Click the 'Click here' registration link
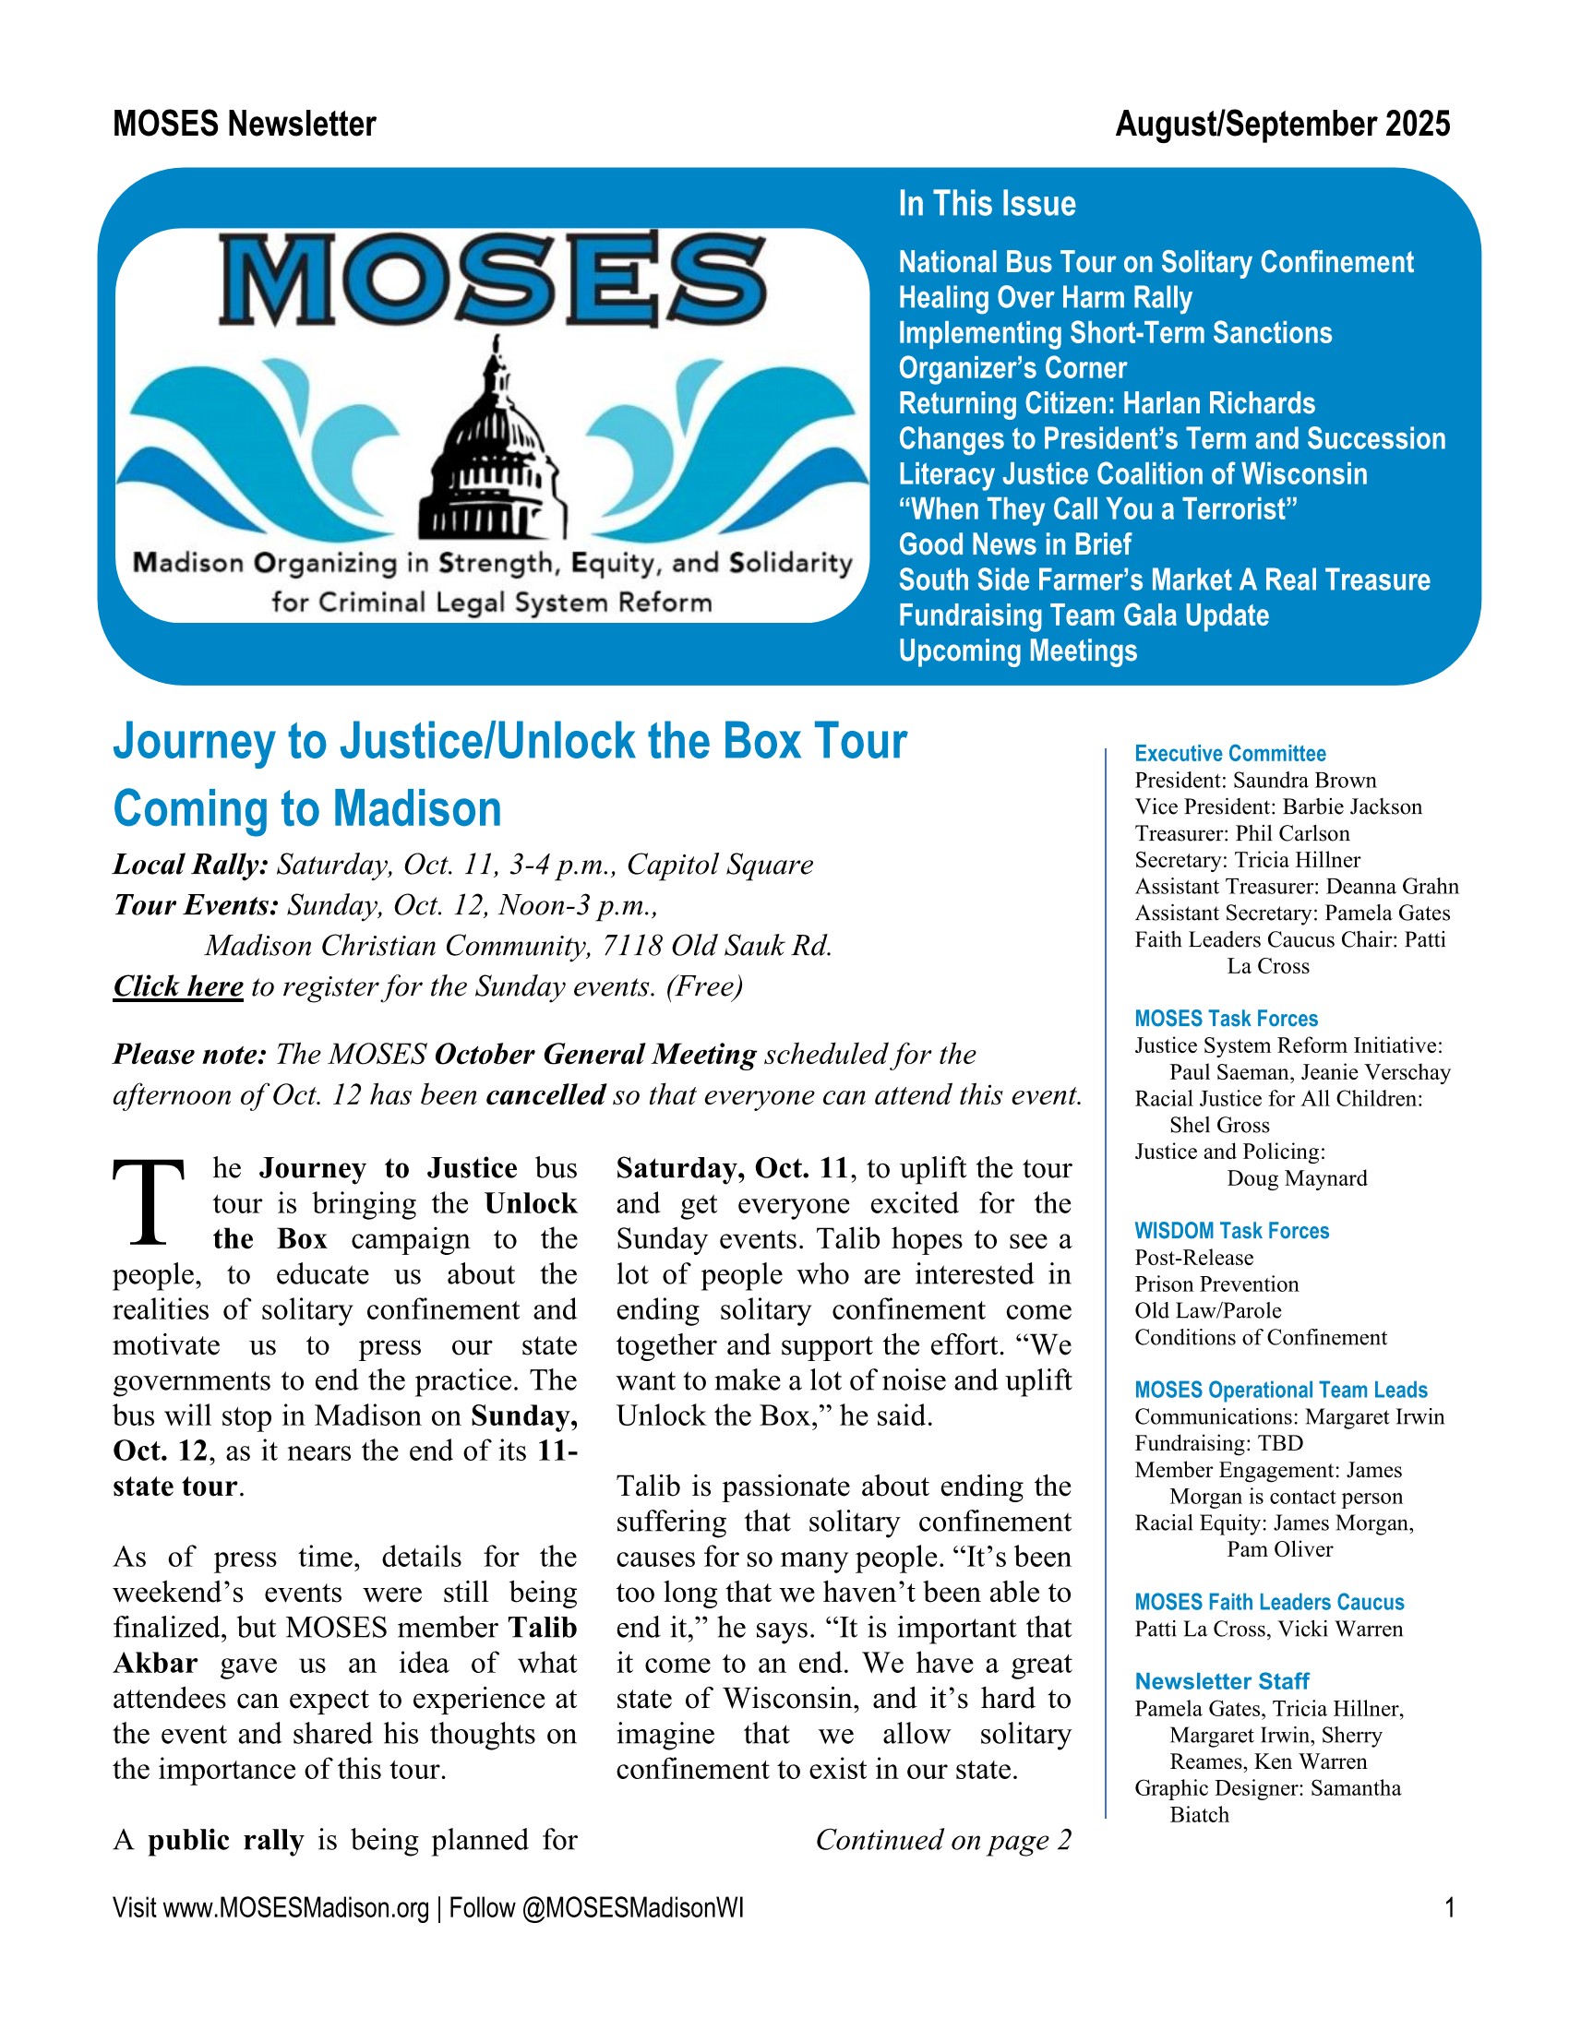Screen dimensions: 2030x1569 (177, 986)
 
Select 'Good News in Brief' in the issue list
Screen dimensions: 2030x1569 (1014, 543)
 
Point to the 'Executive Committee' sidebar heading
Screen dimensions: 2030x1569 (1229, 753)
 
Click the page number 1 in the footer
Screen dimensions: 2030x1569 (1449, 1908)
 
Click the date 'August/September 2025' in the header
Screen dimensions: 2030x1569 (1282, 124)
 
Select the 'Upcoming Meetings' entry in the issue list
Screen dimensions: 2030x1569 (1017, 651)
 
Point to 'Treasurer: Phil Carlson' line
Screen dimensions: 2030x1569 (1241, 833)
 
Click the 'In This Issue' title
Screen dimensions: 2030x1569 (987, 204)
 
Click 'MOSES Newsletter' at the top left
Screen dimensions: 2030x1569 (245, 124)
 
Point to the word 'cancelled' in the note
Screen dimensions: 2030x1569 (545, 1094)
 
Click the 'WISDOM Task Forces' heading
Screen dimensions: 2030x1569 (1231, 1231)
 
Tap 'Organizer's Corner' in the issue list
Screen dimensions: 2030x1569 (1012, 368)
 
